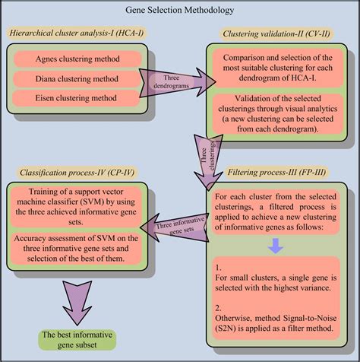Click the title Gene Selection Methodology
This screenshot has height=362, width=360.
tap(179, 11)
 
